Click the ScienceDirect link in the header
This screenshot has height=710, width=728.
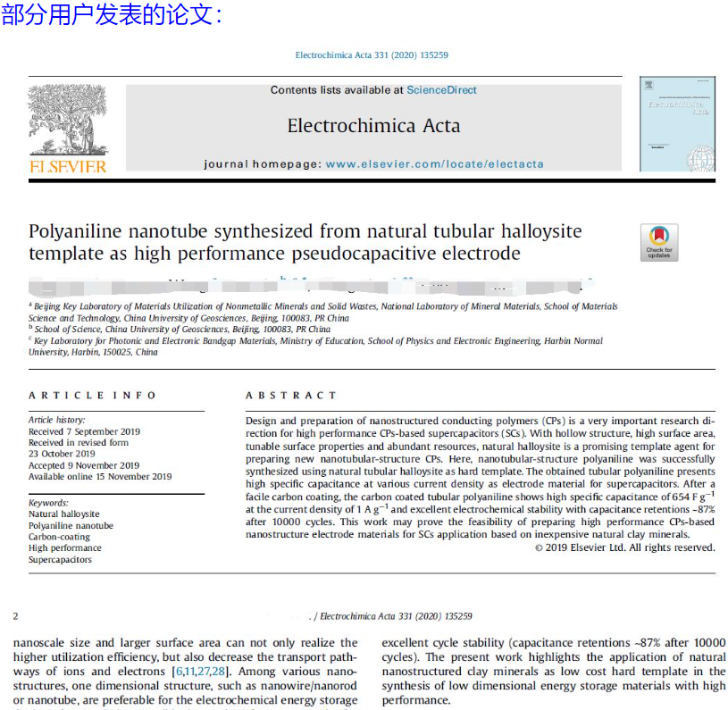click(x=441, y=90)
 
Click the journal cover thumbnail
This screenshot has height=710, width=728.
click(x=676, y=124)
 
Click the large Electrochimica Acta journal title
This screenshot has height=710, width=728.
click(x=373, y=126)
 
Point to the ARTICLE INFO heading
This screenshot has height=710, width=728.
click(x=92, y=395)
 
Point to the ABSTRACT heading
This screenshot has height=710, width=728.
click(x=291, y=395)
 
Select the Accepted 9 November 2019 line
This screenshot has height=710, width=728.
click(x=84, y=465)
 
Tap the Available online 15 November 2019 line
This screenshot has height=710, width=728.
click(x=100, y=477)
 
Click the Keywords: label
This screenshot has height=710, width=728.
click(x=48, y=503)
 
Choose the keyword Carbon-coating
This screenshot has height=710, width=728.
click(x=59, y=537)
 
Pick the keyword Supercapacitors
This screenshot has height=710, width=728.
click(x=60, y=560)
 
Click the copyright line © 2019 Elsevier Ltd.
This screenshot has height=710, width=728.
click(x=624, y=547)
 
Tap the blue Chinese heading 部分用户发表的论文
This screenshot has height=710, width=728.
click(x=108, y=15)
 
